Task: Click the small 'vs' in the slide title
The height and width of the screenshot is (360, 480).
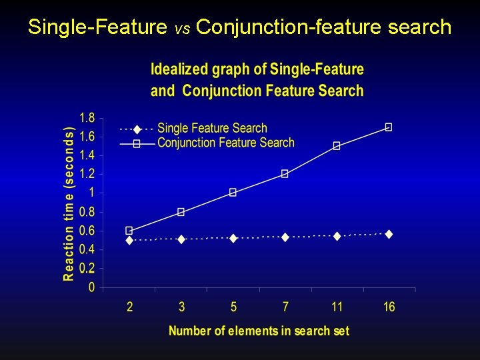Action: (182, 29)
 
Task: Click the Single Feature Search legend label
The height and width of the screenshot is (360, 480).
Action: (212, 128)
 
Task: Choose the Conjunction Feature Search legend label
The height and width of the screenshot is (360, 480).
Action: (225, 142)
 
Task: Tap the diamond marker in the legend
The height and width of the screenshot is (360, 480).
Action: (137, 129)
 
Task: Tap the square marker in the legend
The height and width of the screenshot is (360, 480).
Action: (137, 143)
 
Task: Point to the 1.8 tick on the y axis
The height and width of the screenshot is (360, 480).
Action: (87, 118)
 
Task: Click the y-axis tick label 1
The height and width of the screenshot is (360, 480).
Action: (91, 193)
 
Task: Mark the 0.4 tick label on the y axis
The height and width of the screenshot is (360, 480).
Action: (87, 249)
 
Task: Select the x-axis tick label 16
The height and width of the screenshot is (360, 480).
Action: (389, 307)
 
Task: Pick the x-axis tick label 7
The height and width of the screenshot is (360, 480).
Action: (285, 307)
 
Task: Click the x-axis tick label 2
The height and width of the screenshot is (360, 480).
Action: (129, 307)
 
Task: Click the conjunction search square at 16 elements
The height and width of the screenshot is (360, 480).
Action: (389, 127)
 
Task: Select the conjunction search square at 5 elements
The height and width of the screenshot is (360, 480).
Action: (233, 192)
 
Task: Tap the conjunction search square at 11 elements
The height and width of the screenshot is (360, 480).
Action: (337, 145)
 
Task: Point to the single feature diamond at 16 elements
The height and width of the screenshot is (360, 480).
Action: (389, 234)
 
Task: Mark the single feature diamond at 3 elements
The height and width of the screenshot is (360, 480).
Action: (181, 239)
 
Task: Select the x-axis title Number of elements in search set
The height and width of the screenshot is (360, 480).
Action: (259, 331)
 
